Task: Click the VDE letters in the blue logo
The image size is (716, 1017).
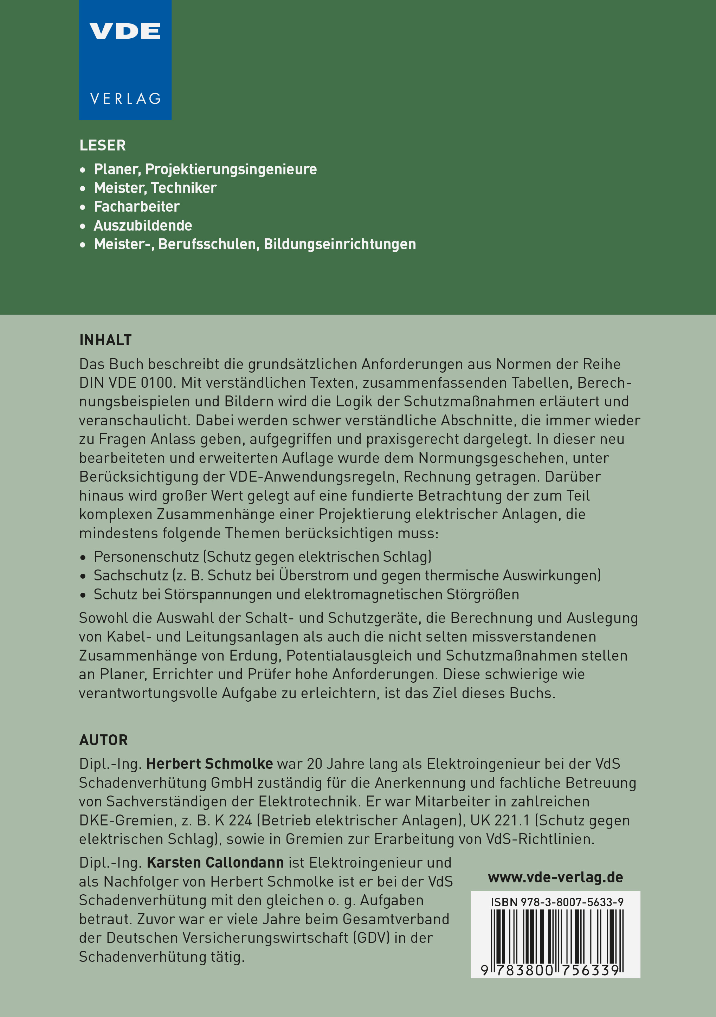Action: click(x=125, y=31)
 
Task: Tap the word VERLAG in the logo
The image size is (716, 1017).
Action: click(x=125, y=98)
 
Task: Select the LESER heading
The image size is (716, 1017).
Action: click(x=103, y=145)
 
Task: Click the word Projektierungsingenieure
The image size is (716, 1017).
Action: click(x=231, y=169)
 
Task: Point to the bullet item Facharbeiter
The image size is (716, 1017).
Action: click(x=137, y=206)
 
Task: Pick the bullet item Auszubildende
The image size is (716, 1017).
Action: click(x=143, y=225)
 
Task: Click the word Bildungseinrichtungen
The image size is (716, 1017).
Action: click(x=340, y=244)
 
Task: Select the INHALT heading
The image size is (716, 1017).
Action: click(x=105, y=340)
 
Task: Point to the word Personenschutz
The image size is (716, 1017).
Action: click(x=146, y=556)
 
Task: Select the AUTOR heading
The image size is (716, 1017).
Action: click(x=104, y=740)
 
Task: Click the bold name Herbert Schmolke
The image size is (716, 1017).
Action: click(x=209, y=764)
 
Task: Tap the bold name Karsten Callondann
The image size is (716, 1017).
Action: click(x=215, y=862)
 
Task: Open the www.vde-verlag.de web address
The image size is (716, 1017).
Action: click(x=555, y=877)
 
